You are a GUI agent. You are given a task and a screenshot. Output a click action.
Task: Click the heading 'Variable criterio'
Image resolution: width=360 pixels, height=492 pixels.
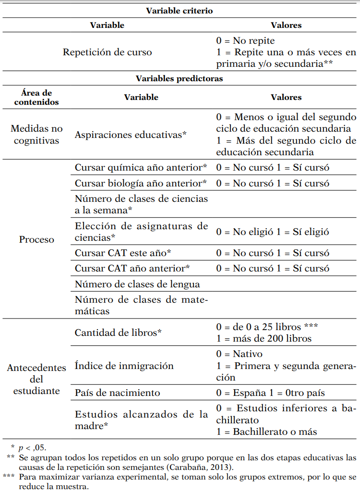coord(179,10)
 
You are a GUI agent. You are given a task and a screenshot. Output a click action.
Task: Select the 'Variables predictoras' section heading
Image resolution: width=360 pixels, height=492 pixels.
coord(179,78)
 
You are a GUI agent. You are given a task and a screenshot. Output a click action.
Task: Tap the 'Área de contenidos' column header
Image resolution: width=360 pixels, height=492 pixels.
coord(36,97)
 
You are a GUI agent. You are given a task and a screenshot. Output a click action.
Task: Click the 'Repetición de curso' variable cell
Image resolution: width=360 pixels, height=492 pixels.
coord(107,52)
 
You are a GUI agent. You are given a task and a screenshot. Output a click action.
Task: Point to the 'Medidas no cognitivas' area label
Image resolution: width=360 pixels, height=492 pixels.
coord(36,135)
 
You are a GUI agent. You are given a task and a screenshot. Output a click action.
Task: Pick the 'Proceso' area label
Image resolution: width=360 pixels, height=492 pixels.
coord(36,239)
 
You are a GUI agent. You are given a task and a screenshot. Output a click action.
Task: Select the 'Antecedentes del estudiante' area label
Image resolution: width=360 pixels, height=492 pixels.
coord(36,379)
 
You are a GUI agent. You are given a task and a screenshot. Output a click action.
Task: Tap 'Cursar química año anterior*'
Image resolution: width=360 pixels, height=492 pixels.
coord(141,167)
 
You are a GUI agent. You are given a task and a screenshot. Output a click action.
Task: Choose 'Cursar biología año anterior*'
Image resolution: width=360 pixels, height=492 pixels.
coord(141,183)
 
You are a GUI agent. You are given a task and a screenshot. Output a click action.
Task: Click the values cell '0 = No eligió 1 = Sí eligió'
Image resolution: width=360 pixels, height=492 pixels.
coord(273,232)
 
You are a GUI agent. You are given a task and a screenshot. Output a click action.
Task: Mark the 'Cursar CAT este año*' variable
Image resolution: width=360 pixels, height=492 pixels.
coord(123,253)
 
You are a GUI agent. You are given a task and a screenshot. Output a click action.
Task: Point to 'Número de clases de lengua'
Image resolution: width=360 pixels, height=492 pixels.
coord(137,284)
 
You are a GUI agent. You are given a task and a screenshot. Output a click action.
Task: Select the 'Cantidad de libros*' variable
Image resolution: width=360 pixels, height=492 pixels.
coord(118,332)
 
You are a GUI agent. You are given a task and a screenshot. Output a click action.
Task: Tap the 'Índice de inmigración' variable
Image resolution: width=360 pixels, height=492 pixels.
coord(124,366)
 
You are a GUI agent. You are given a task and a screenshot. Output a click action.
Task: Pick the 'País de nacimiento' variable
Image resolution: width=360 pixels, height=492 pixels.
coord(117,393)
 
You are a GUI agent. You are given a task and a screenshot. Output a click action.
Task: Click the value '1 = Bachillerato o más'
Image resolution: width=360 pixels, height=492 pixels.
coord(266,431)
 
